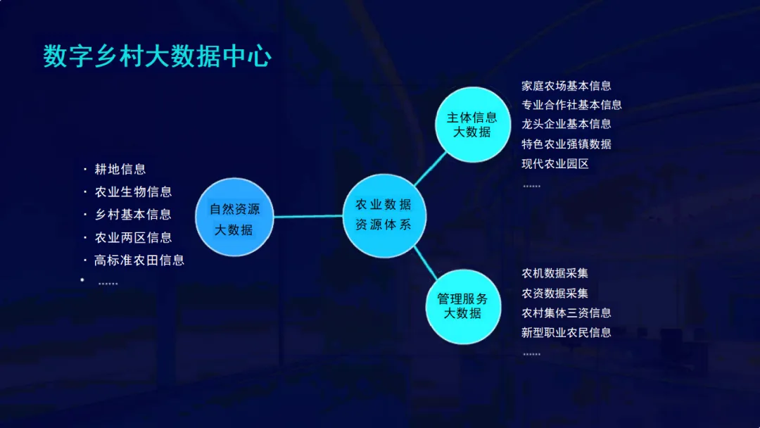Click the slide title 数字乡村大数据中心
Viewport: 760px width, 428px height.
157,57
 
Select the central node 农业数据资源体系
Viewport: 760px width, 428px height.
383,215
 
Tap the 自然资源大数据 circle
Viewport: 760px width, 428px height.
234,218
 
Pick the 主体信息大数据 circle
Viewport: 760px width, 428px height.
471,124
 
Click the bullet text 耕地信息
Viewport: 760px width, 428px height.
120,169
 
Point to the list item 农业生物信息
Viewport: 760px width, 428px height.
133,191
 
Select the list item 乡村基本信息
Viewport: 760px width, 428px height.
133,214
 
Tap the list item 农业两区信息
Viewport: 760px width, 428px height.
133,237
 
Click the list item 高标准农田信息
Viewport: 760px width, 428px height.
139,260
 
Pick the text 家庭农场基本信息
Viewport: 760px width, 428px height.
566,86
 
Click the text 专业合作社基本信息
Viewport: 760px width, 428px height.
571,105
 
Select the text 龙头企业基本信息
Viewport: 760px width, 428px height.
566,124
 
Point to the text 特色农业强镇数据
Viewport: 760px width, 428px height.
566,144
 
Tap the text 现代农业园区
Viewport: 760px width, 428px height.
555,163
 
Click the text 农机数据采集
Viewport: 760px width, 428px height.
555,273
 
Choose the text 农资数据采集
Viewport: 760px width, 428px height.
555,293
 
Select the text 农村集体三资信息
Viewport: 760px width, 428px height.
566,313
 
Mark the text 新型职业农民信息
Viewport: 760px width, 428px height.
566,332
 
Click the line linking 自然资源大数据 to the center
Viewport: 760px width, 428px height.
308,216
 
